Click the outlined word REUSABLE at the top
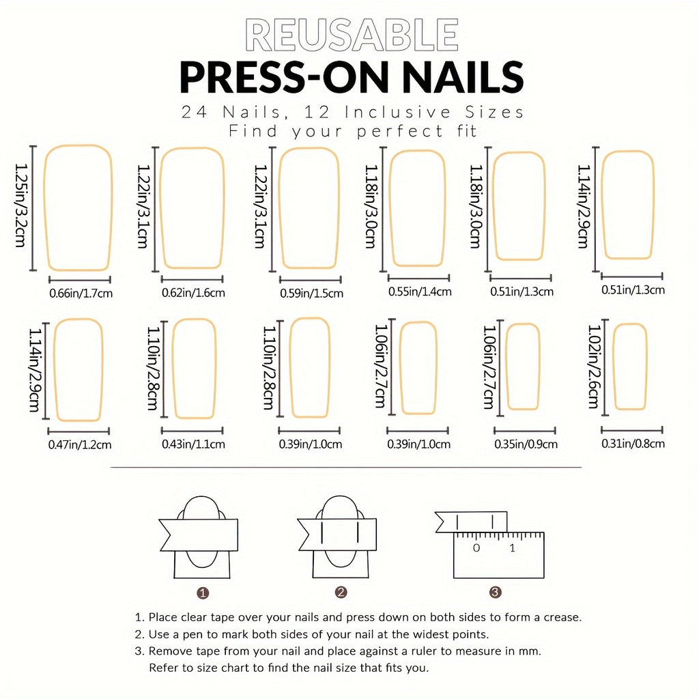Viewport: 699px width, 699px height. click(x=352, y=35)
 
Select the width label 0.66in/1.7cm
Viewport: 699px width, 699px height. click(x=81, y=294)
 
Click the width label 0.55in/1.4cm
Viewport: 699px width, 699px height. click(x=420, y=291)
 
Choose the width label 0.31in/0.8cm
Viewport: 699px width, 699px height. click(x=633, y=444)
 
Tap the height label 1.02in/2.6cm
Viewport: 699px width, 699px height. click(x=594, y=367)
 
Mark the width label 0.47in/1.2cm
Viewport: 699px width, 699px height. click(x=80, y=444)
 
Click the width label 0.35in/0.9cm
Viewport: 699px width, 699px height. click(x=526, y=444)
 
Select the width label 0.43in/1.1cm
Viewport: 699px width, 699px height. click(x=193, y=444)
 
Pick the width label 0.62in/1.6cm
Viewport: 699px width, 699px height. click(x=193, y=293)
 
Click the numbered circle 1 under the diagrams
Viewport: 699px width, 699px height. click(x=202, y=593)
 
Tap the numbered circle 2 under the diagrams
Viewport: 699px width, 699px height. click(x=341, y=592)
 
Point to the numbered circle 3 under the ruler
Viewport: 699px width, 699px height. click(x=496, y=592)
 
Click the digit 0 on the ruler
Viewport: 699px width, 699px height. click(x=476, y=548)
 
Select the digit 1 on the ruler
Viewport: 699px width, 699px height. click(x=512, y=548)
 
